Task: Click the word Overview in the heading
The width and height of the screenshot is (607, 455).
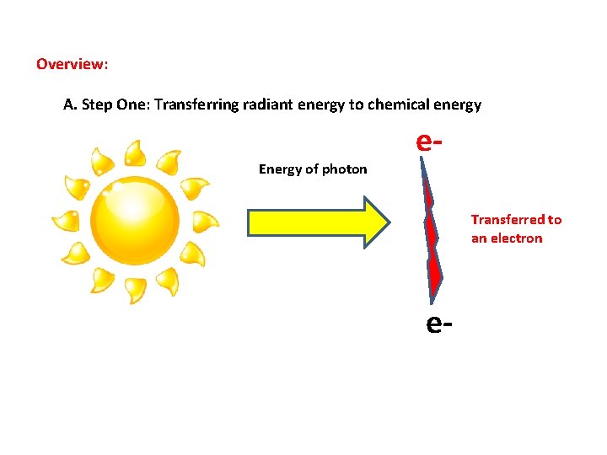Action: [71, 64]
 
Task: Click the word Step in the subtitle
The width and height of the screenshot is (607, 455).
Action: [95, 105]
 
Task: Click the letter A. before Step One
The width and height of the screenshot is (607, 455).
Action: [70, 105]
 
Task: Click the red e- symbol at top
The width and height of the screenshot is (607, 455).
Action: [430, 142]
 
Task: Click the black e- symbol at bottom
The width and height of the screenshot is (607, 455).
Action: [440, 322]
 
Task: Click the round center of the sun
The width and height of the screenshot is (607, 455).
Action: [135, 220]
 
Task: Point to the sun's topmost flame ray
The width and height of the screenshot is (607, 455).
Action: [134, 153]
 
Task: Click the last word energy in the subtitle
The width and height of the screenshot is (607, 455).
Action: [456, 105]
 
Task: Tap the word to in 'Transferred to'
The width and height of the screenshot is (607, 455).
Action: [554, 220]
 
